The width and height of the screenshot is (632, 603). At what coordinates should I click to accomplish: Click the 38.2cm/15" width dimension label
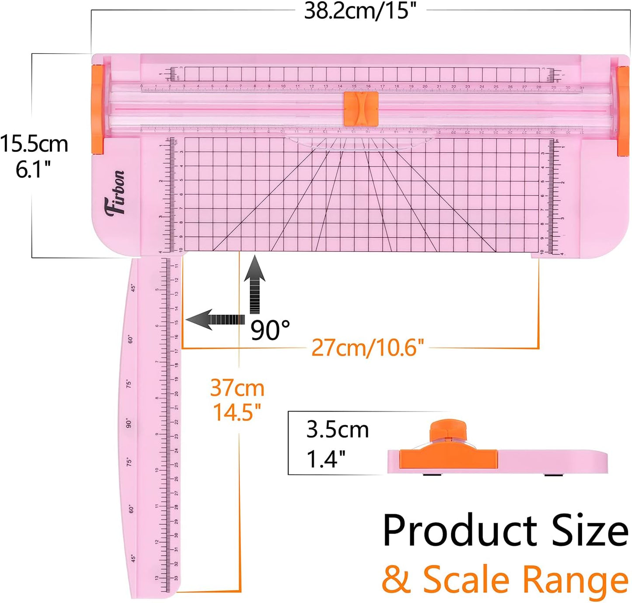(x=360, y=10)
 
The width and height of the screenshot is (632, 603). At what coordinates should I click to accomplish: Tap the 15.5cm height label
(x=34, y=144)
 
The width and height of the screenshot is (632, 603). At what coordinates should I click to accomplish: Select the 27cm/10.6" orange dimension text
(x=367, y=348)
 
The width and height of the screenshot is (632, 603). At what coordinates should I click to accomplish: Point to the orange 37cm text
(x=237, y=388)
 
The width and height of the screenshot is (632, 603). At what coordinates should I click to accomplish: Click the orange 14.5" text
(x=237, y=412)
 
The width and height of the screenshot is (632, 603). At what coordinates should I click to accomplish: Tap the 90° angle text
(x=270, y=330)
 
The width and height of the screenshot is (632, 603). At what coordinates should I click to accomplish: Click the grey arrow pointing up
(x=255, y=285)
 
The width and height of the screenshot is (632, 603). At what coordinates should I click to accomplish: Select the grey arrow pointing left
(x=215, y=320)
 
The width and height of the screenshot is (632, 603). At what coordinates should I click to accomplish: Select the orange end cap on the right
(x=623, y=111)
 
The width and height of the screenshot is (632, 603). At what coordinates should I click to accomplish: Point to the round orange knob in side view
(x=448, y=431)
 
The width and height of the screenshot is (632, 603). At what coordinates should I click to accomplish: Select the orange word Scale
(x=466, y=580)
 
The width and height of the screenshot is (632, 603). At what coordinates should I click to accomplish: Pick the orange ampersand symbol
(x=396, y=580)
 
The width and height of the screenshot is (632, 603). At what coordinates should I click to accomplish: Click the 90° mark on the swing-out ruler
(x=129, y=423)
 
